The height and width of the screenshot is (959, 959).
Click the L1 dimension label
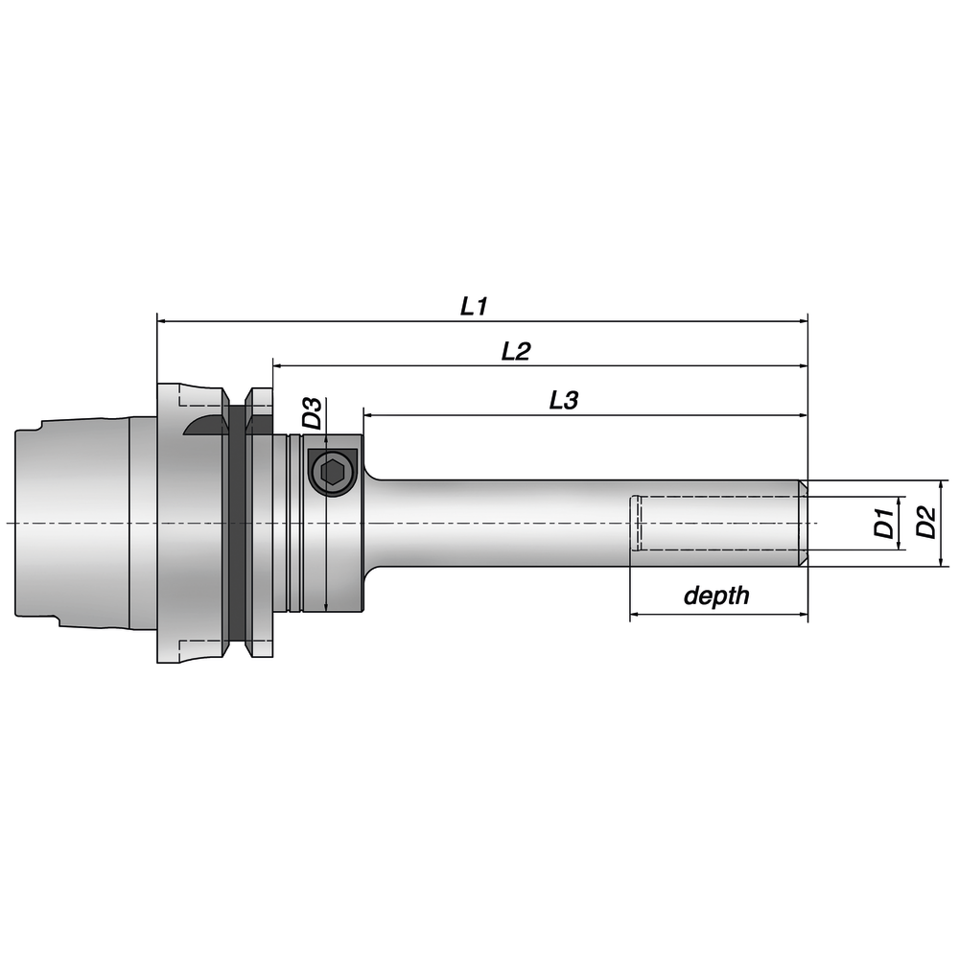475,307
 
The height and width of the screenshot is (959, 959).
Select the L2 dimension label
516,352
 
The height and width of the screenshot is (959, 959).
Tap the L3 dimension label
563,402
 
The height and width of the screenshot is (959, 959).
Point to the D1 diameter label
884,524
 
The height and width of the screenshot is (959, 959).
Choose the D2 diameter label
925,524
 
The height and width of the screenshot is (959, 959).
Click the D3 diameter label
312,414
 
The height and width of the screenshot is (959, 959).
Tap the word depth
716,596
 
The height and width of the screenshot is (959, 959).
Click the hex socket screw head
332,472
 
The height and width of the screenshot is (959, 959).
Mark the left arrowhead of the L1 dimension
161,321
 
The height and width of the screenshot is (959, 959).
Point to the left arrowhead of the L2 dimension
278,365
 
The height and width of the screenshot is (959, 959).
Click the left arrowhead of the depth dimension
635,614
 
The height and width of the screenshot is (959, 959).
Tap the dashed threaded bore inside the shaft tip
714,524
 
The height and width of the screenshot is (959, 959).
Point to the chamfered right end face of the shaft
804,524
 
